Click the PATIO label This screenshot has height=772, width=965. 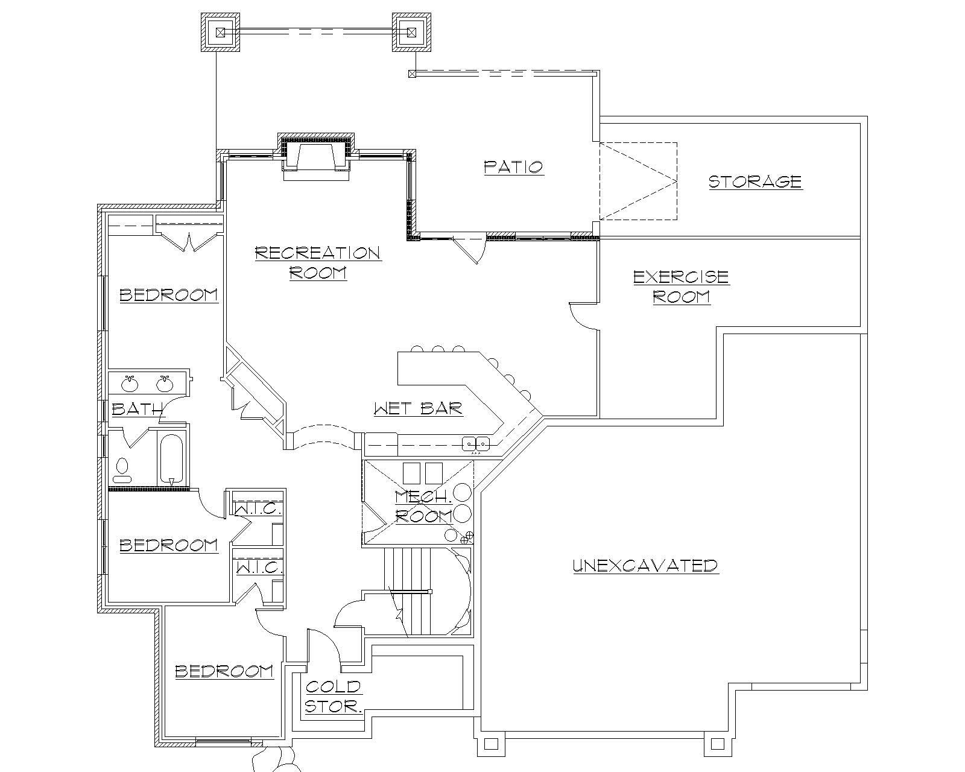pyautogui.click(x=514, y=167)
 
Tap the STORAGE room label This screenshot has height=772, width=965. pyautogui.click(x=755, y=182)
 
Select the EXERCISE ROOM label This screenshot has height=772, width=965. pyautogui.click(x=681, y=286)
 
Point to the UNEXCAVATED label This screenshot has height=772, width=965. pyautogui.click(x=645, y=566)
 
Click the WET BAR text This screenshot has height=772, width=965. pyautogui.click(x=418, y=409)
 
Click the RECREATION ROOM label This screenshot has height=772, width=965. pyautogui.click(x=318, y=262)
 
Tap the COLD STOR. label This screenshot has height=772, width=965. pyautogui.click(x=333, y=697)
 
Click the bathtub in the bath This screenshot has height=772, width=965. pyautogui.click(x=171, y=460)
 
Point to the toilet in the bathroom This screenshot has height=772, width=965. pyautogui.click(x=122, y=470)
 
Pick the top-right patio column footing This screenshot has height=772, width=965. pyautogui.click(x=412, y=32)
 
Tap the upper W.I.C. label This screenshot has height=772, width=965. pyautogui.click(x=257, y=509)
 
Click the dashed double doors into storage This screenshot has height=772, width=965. pyautogui.click(x=638, y=181)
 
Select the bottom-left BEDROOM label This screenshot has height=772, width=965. pyautogui.click(x=224, y=671)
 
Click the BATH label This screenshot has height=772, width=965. pyautogui.click(x=137, y=409)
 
